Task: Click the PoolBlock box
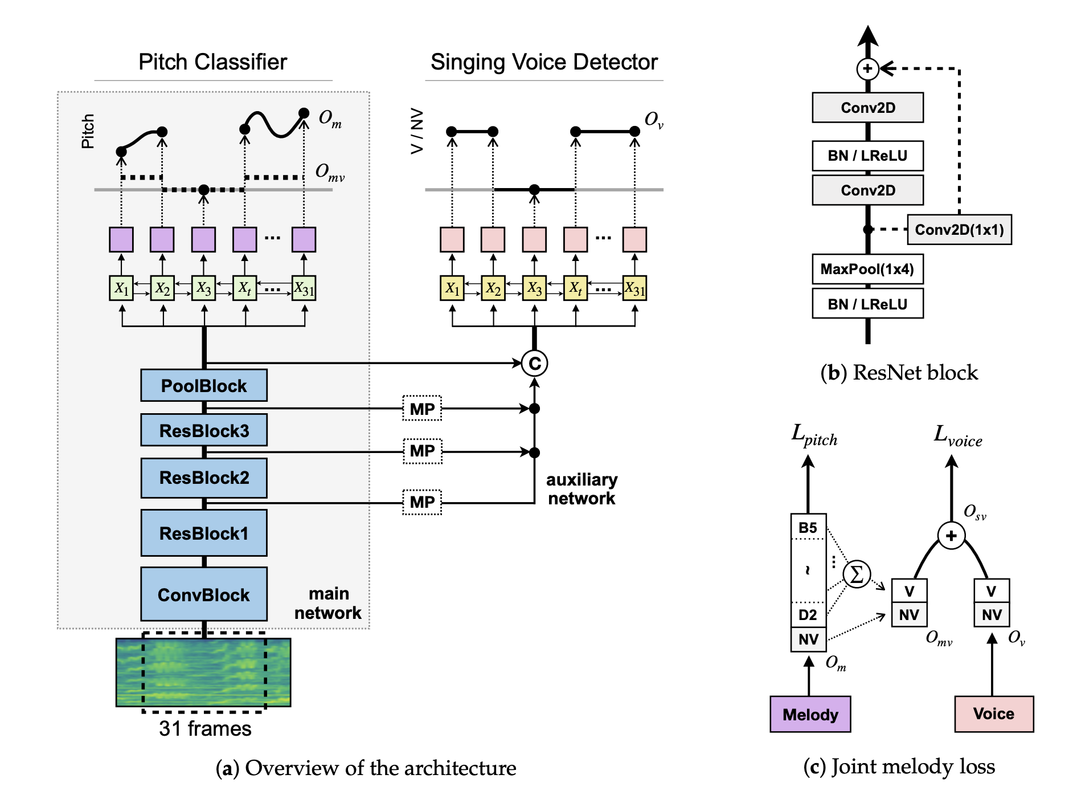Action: pyautogui.click(x=204, y=386)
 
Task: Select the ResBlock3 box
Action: pyautogui.click(x=204, y=430)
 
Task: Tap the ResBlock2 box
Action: pyautogui.click(x=204, y=478)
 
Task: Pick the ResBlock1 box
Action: pyautogui.click(x=204, y=533)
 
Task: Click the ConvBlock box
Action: pyautogui.click(x=204, y=594)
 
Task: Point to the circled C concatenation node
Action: pyautogui.click(x=534, y=363)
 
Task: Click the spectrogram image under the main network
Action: pyautogui.click(x=203, y=672)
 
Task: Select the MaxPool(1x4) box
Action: pyautogui.click(x=867, y=269)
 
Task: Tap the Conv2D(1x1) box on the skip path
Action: pyautogui.click(x=959, y=230)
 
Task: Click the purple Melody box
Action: pyautogui.click(x=810, y=714)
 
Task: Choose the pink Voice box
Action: pyautogui.click(x=994, y=713)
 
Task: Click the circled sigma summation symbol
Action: pyautogui.click(x=857, y=574)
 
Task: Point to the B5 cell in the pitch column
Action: pyautogui.click(x=808, y=527)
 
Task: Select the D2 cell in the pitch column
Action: pyautogui.click(x=808, y=614)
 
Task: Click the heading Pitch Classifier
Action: pyautogui.click(x=213, y=62)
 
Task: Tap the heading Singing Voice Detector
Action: pyautogui.click(x=544, y=62)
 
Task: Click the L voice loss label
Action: pyautogui.click(x=957, y=436)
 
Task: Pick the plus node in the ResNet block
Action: pyautogui.click(x=867, y=69)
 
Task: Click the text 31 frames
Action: pyautogui.click(x=205, y=728)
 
